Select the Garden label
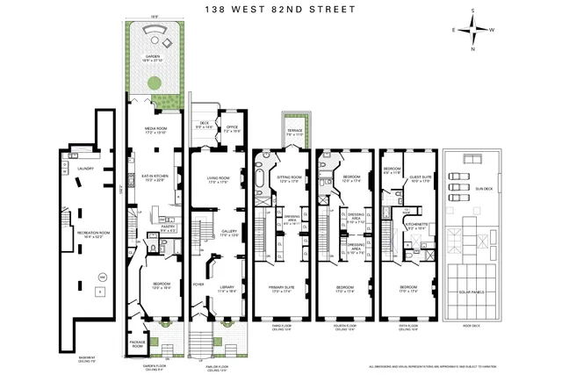pos(153,61)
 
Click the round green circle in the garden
pos(153,83)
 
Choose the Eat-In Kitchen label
pos(155,177)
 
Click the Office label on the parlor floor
pos(231,126)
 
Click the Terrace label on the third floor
pos(292,132)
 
